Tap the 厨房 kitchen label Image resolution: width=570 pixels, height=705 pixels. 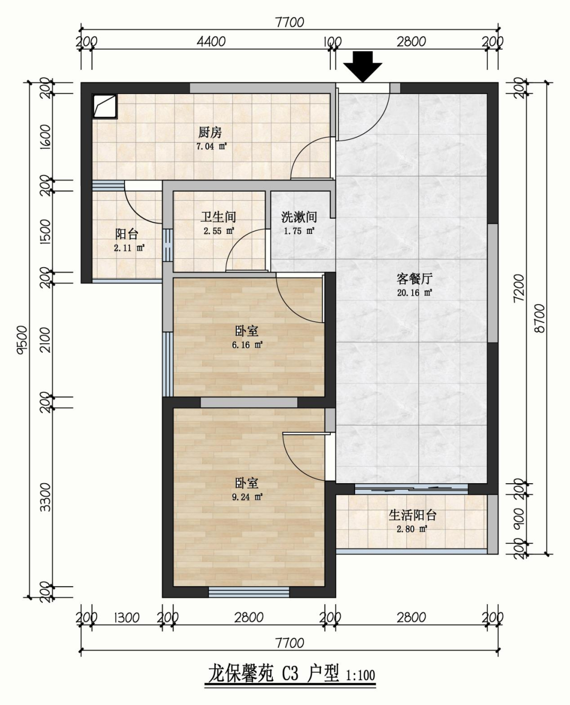(x=210, y=133)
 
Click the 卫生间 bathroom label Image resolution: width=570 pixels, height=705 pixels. (x=218, y=217)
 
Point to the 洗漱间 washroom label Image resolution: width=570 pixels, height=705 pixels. (x=299, y=217)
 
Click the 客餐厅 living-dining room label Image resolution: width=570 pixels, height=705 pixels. (x=414, y=279)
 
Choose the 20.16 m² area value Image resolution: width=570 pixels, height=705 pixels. (x=414, y=293)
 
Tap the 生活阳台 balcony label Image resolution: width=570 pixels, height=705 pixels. (x=413, y=515)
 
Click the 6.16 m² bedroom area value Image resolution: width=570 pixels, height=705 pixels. (x=247, y=345)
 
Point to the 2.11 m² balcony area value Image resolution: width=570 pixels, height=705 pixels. (x=129, y=248)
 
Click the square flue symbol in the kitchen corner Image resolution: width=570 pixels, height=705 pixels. (x=104, y=106)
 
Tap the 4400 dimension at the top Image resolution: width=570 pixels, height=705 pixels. (x=211, y=42)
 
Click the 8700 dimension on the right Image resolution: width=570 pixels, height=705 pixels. (x=539, y=318)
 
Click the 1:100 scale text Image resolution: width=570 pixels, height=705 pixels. (x=360, y=675)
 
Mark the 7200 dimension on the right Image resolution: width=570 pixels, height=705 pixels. (x=519, y=288)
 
